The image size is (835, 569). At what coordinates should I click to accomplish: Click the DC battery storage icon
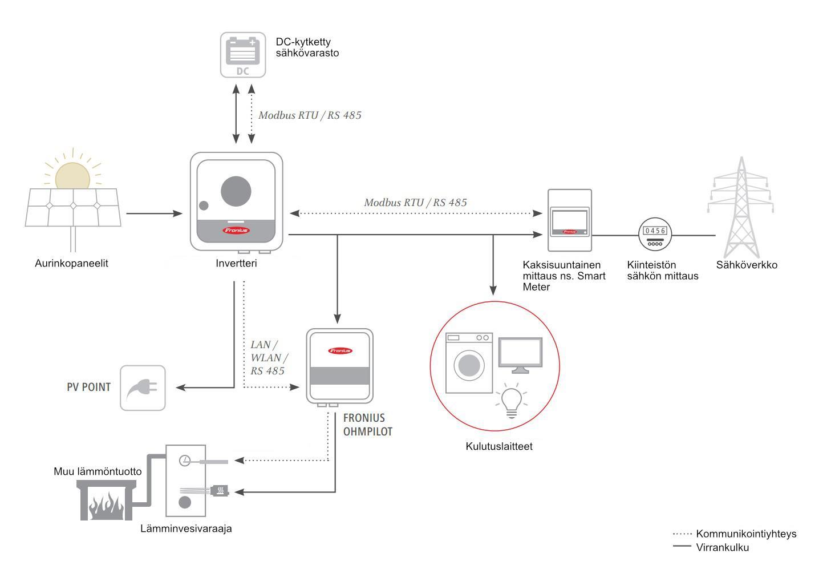[x=243, y=54]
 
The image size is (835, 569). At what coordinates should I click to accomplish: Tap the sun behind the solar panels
[x=72, y=175]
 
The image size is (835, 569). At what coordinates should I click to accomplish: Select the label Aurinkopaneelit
[x=71, y=264]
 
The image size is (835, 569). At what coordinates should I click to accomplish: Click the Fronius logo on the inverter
[x=236, y=231]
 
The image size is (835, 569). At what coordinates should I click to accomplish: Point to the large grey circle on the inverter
[x=236, y=191]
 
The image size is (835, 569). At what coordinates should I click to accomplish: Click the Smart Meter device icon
[x=569, y=220]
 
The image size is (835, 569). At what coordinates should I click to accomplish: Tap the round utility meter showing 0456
[x=654, y=233]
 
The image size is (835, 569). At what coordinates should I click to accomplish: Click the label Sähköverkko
[x=746, y=265]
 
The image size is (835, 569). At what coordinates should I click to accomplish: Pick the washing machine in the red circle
[x=468, y=364]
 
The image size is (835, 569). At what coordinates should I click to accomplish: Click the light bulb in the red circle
[x=511, y=401]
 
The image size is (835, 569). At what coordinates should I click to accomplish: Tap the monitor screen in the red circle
[x=520, y=354]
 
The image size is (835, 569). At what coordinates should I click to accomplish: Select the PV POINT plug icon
[x=143, y=388]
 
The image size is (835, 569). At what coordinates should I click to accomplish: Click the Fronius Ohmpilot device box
[x=339, y=366]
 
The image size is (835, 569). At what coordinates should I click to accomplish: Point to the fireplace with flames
[x=107, y=501]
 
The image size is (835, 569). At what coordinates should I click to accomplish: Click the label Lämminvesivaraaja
[x=186, y=529]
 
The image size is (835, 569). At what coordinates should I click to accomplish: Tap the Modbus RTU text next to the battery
[x=310, y=115]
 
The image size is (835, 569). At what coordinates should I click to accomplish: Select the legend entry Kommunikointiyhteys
[x=745, y=534]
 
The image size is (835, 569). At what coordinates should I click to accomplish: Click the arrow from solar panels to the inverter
[x=153, y=213]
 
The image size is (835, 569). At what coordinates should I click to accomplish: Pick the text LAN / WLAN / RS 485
[x=269, y=358]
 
